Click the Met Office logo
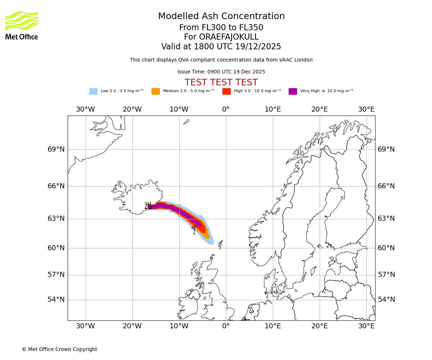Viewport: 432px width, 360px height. pos(22,26)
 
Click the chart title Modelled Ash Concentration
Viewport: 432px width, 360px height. pos(221,17)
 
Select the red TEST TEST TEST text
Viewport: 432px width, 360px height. pos(221,82)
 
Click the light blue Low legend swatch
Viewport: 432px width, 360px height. pos(93,91)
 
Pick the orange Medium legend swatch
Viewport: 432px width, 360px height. pos(156,91)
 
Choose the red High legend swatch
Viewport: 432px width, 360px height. pos(226,91)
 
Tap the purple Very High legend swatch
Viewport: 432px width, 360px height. pos(293,91)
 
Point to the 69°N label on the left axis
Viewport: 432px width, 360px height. pos(56,149)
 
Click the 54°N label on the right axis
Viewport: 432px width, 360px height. pos(386,300)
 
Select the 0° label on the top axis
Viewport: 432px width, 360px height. pos(226,109)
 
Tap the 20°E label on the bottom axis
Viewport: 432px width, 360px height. pos(319,326)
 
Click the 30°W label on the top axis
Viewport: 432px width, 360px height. pos(85,109)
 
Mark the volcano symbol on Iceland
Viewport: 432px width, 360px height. pos(148,206)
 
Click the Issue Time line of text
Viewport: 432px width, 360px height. pos(221,72)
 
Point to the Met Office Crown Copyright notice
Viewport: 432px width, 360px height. pos(59,349)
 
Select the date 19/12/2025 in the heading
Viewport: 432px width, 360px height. pos(258,47)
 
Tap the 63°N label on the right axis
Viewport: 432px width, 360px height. pos(386,219)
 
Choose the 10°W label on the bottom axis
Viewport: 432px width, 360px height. pos(179,326)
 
